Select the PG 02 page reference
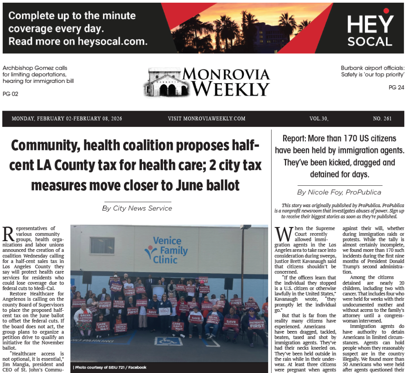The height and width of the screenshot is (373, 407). pos(11,94)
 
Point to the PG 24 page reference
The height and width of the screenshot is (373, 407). pos(396,88)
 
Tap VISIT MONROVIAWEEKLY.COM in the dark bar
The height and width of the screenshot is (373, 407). pos(207,118)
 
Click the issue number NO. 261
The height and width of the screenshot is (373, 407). pos(382,118)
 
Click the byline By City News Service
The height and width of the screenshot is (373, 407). pos(137,208)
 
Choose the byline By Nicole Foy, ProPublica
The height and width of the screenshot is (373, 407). pos(339,192)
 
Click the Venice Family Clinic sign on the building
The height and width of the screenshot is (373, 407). pos(166,250)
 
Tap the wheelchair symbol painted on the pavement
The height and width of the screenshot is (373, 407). pos(168,341)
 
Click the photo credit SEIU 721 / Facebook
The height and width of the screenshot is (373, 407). pos(110,367)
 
